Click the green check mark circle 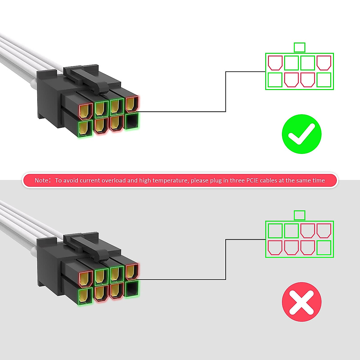tap(301, 134)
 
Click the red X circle tap(301, 302)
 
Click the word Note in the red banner tap(41, 180)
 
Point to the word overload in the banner tap(114, 180)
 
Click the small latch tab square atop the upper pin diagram tap(299, 47)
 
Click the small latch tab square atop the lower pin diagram tap(299, 215)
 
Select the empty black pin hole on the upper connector tap(132, 121)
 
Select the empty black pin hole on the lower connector tap(132, 289)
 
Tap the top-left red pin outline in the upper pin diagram tap(275, 63)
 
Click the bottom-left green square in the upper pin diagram tap(275, 80)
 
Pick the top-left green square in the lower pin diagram tap(275, 231)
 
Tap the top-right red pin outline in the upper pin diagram tap(324, 63)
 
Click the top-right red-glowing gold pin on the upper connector tap(132, 104)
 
